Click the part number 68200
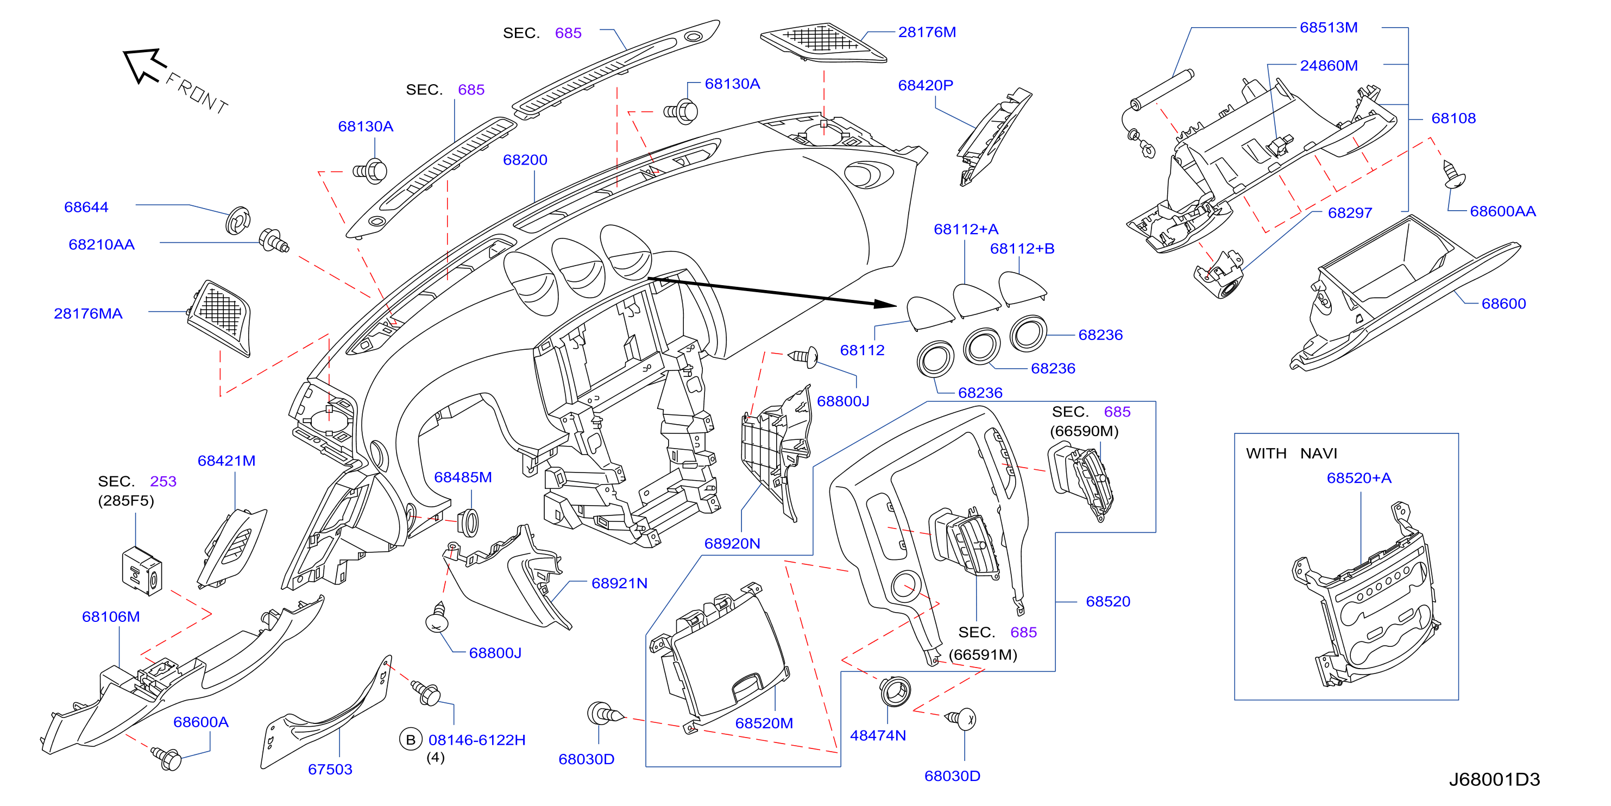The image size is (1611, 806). tap(525, 160)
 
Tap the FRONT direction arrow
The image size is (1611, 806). tap(145, 66)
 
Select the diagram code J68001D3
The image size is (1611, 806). tap(1494, 779)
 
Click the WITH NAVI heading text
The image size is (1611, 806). tap(1292, 454)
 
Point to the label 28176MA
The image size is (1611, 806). tap(88, 314)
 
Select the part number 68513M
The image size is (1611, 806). tap(1329, 28)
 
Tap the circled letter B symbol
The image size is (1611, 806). tap(410, 740)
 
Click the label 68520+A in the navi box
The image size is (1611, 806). tap(1359, 478)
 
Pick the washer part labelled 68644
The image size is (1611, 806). tap(238, 220)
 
